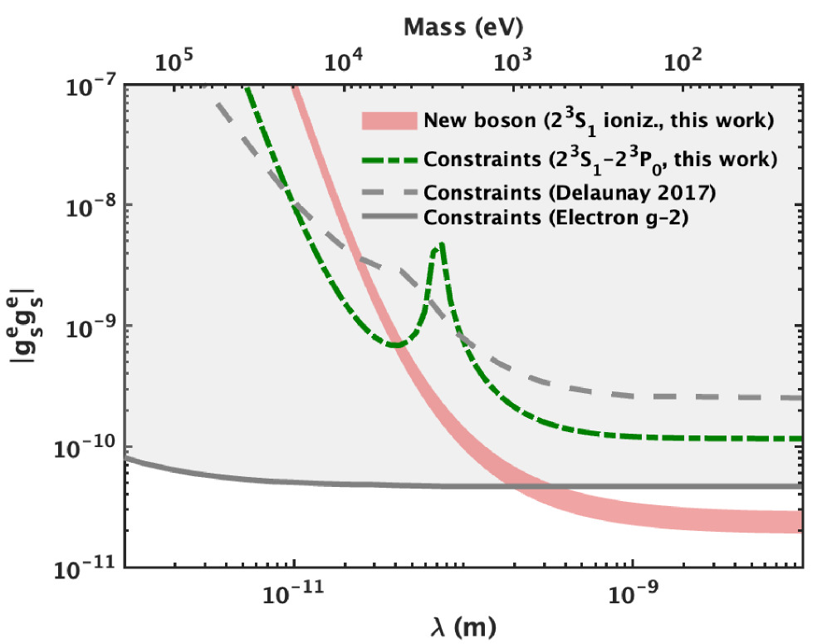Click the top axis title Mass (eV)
click(462, 27)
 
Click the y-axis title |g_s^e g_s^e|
click(31, 327)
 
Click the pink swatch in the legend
click(389, 120)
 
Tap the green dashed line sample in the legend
click(389, 158)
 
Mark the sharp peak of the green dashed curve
click(442, 244)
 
